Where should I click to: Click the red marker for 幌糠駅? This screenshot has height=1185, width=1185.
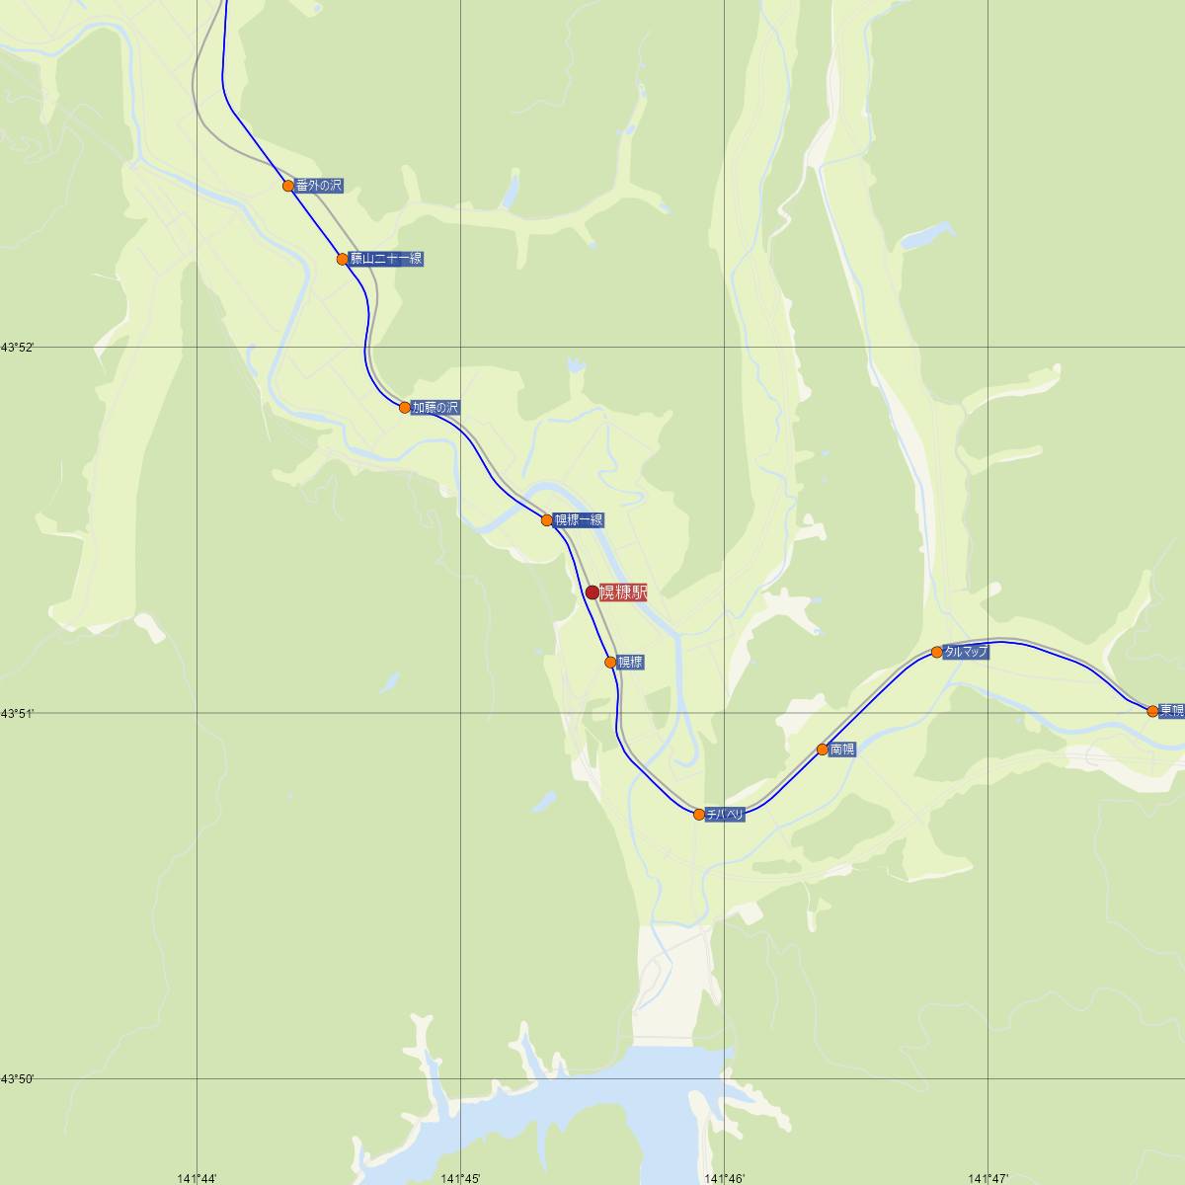[x=592, y=592]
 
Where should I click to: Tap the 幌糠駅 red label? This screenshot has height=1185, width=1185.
[x=623, y=592]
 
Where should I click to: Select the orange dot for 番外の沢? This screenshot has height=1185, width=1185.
[x=288, y=186]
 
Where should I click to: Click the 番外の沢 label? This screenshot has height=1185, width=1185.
[x=319, y=186]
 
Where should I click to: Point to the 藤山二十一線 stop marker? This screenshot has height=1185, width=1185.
[x=343, y=260]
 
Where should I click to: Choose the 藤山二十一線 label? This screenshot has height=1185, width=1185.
[x=386, y=260]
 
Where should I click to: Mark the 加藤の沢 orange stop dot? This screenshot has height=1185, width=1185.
[x=405, y=407]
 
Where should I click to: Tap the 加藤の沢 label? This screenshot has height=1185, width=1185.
[x=435, y=407]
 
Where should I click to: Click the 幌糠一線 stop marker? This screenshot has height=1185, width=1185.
[x=547, y=519]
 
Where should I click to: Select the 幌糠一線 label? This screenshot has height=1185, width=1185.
[x=579, y=519]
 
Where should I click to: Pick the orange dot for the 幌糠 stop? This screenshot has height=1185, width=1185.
[x=610, y=662]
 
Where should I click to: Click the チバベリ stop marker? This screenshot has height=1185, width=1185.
[x=699, y=815]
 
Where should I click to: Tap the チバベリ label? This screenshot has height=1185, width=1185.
[x=726, y=815]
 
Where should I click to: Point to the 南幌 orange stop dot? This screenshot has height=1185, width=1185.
[x=823, y=750]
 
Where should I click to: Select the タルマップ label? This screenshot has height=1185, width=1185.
[x=966, y=652]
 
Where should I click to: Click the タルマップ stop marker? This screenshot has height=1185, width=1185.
[x=937, y=652]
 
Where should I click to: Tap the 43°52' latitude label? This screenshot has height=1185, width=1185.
[x=18, y=348]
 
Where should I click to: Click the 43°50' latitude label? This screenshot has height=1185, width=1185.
[x=18, y=1078]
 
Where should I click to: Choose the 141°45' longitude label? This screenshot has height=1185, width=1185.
[x=460, y=1178]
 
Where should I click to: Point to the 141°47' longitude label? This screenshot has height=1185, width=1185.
[x=987, y=1178]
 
